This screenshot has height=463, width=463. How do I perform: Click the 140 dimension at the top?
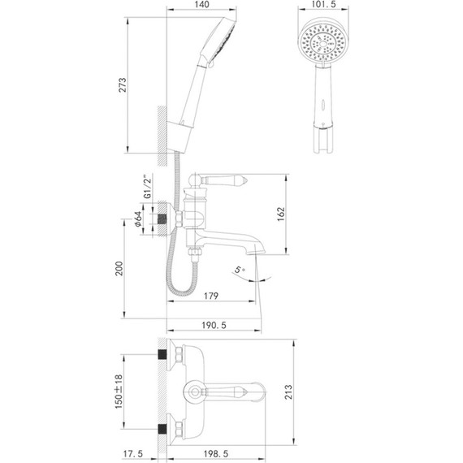pyautogui.click(x=203, y=6)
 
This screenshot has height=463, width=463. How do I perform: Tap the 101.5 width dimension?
pyautogui.click(x=323, y=6)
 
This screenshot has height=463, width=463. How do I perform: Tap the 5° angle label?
pyautogui.click(x=238, y=269)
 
